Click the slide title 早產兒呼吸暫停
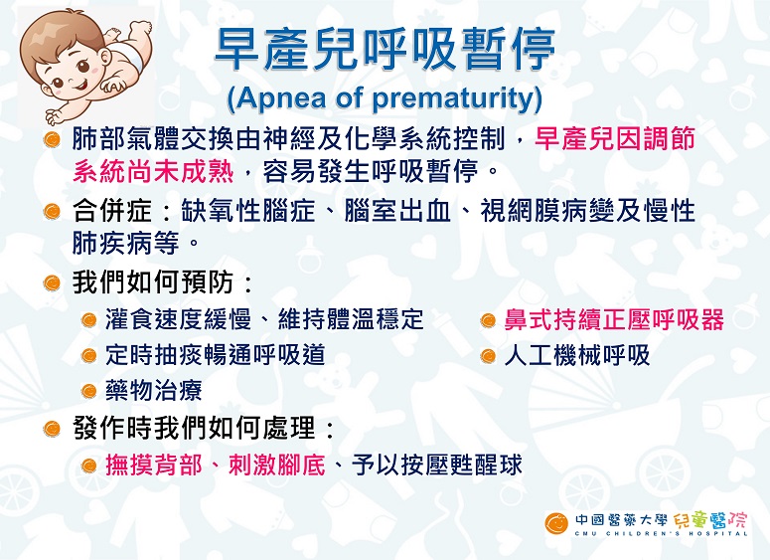(385, 50)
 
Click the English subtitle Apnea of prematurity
(385, 98)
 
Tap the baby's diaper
(128, 55)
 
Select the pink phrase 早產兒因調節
(615, 138)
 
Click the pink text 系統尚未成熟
(153, 172)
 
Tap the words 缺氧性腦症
(248, 211)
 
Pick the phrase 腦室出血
(397, 211)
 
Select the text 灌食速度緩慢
(178, 319)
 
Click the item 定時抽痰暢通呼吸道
(215, 355)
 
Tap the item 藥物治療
(154, 391)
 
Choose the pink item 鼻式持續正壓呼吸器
(614, 319)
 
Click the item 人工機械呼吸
(577, 355)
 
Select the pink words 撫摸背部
(154, 465)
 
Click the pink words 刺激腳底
(277, 465)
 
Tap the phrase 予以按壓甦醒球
(436, 465)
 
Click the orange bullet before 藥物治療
(88, 392)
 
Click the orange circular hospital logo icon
(556, 524)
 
